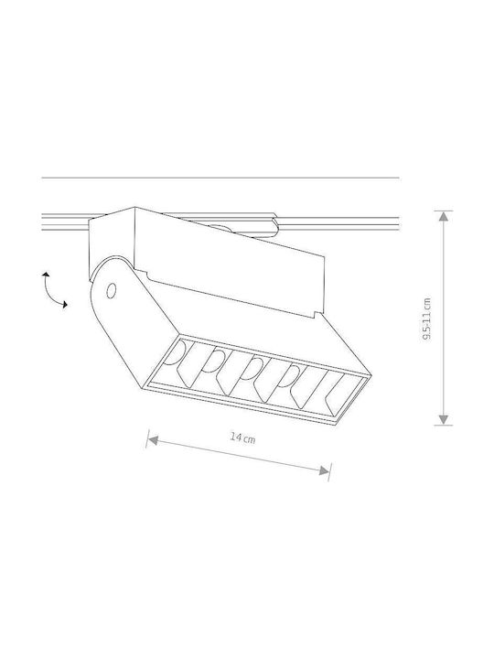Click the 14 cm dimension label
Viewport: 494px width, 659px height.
(x=242, y=438)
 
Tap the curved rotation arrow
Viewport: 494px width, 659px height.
(x=53, y=289)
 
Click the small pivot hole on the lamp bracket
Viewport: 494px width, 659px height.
(x=112, y=290)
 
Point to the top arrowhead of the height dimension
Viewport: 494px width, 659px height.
(x=443, y=216)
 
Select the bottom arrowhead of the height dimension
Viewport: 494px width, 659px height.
(x=443, y=419)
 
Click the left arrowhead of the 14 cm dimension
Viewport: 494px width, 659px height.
(x=153, y=440)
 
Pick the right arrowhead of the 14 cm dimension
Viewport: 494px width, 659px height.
(x=324, y=470)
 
